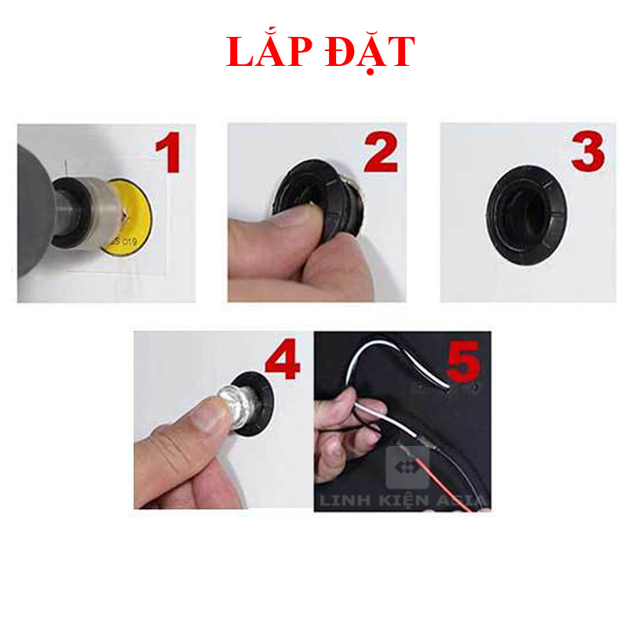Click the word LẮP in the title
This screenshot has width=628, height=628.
coord(270,53)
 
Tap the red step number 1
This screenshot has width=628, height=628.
coord(167,154)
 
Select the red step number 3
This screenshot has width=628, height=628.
coord(588,154)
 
